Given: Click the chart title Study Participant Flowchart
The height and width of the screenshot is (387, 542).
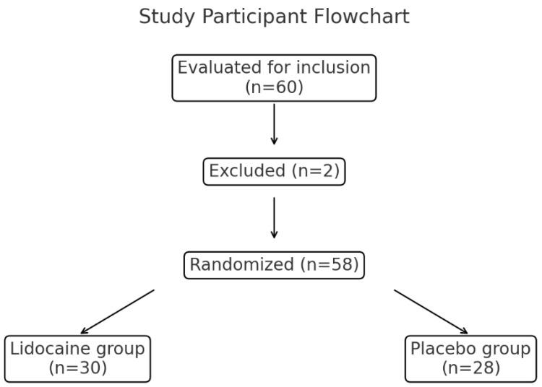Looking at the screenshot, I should click(274, 17).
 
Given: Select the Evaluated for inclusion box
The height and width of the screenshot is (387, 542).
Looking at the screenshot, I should click(274, 78).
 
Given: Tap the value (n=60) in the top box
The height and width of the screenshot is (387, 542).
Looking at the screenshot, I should click(274, 88).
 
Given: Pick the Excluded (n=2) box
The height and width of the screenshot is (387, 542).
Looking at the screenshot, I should click(274, 171).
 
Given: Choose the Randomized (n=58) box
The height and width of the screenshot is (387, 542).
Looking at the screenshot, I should click(274, 265).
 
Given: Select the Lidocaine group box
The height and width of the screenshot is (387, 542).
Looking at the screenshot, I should click(77, 359).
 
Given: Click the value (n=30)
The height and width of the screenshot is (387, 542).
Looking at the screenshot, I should click(77, 368).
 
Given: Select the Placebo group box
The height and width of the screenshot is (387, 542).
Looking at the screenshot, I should click(470, 359).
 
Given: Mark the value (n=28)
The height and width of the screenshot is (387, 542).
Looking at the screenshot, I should click(470, 368).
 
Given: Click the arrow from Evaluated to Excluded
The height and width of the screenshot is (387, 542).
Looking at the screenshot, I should click(274, 124).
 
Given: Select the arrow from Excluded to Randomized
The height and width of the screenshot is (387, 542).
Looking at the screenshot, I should click(274, 217).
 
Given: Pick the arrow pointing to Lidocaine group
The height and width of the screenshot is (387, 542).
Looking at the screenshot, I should click(117, 312).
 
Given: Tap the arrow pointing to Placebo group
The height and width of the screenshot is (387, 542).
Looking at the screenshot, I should click(431, 312).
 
